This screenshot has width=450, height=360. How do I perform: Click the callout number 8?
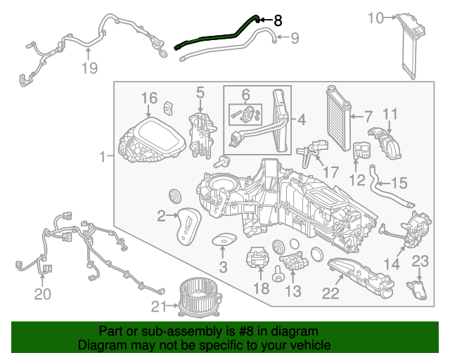click(x=278, y=20)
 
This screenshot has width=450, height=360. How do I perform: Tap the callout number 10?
click(x=376, y=18)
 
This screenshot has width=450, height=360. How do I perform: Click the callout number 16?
click(x=149, y=98)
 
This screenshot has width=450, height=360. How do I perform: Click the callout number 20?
click(x=43, y=295)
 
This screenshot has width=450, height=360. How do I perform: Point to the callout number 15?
click(x=399, y=184)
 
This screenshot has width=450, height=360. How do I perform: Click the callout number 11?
click(x=390, y=114)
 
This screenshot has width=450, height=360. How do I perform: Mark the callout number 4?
click(x=300, y=120)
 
